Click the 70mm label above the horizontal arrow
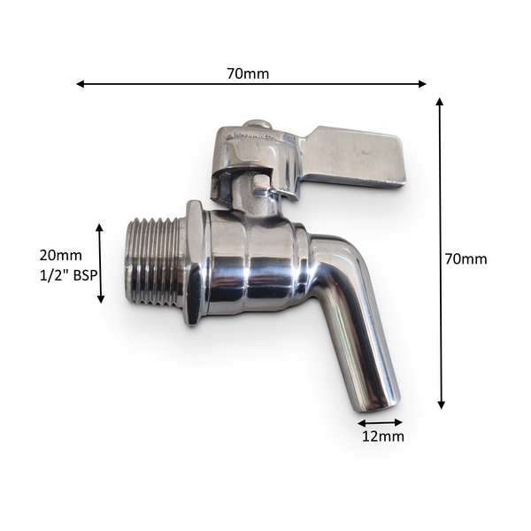coord(248,73)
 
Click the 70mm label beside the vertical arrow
coord(466,259)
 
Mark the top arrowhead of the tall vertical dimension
coord(440,103)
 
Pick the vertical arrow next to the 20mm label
coord(100,263)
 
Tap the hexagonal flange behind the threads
coord(194,263)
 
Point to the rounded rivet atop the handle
coord(256,125)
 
